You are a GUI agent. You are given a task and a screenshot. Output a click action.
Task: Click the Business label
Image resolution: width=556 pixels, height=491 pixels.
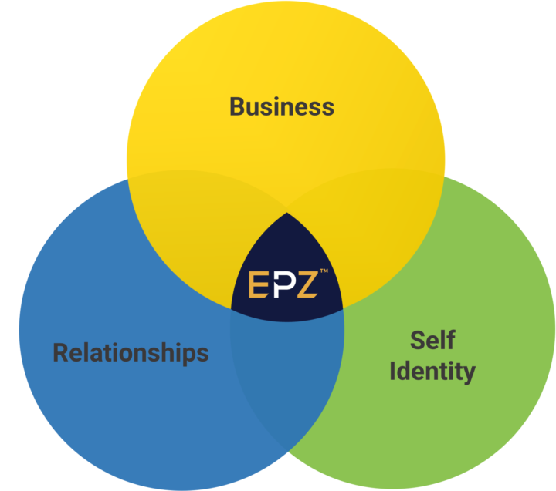282,106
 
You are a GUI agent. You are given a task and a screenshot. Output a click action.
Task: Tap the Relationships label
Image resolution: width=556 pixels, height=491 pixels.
131,353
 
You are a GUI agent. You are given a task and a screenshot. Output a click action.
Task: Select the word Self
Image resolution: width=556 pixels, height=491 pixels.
432,340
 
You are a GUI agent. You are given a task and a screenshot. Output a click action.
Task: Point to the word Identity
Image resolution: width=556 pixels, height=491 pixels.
432,371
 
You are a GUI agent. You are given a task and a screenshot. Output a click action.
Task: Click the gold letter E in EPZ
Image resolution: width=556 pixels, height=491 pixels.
257,285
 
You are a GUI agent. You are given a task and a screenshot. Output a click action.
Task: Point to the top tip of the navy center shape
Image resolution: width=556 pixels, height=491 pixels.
287,213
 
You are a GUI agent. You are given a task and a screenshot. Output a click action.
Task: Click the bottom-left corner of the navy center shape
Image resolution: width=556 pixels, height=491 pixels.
232,310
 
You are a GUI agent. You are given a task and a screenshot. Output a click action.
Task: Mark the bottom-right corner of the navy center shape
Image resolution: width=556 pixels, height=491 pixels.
344,309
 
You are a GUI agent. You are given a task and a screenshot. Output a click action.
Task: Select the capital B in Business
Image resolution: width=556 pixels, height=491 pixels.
237,106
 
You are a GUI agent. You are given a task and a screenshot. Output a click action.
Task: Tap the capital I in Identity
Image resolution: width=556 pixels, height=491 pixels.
393,371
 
